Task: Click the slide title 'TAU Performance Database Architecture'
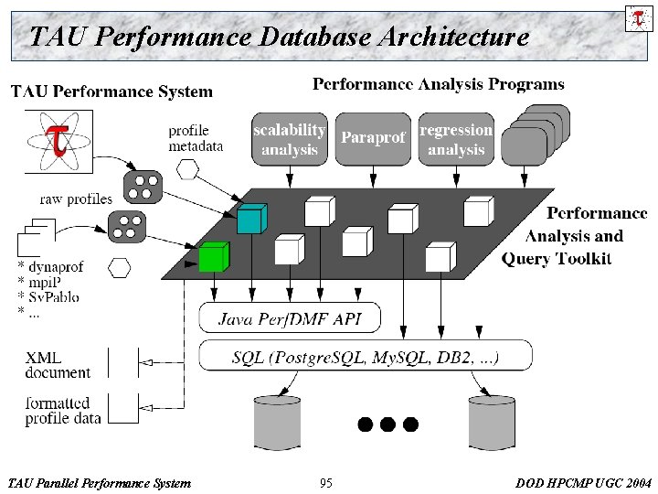pyautogui.click(x=279, y=37)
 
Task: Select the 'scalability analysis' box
pyautogui.click(x=289, y=139)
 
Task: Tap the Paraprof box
pyautogui.click(x=373, y=139)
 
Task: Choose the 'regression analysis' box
pyautogui.click(x=456, y=139)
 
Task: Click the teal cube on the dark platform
pyautogui.click(x=250, y=220)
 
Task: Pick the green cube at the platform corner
pyautogui.click(x=213, y=257)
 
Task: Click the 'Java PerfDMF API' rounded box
pyautogui.click(x=290, y=318)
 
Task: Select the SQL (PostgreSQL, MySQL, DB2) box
pyautogui.click(x=366, y=356)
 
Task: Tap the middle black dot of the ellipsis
pyautogui.click(x=387, y=424)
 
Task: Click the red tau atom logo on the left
pyautogui.click(x=58, y=141)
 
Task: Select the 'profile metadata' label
pyautogui.click(x=196, y=140)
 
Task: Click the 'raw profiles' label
pyautogui.click(x=76, y=199)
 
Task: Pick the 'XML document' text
pyautogui.click(x=58, y=365)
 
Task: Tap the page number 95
pyautogui.click(x=326, y=482)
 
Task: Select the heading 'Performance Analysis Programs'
pyautogui.click(x=439, y=85)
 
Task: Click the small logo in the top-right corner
pyautogui.click(x=637, y=18)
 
